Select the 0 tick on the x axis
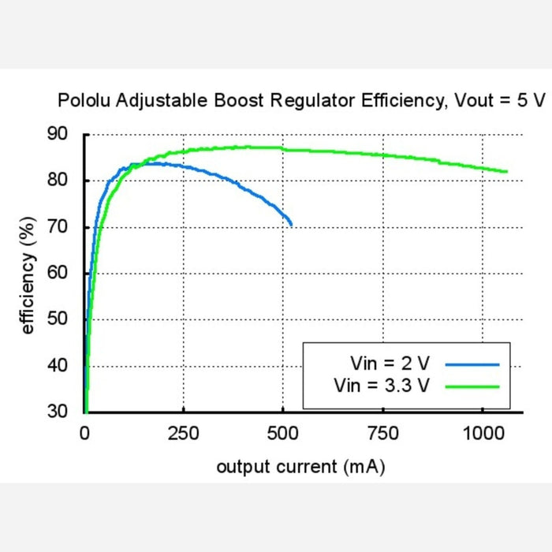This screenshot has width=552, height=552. [x=85, y=432]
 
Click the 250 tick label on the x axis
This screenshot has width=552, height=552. [x=184, y=432]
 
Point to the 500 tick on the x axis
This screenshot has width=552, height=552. [x=283, y=432]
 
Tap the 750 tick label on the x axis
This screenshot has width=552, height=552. [x=382, y=432]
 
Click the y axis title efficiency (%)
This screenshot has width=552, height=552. [x=29, y=273]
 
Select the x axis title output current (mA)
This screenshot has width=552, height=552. [x=300, y=467]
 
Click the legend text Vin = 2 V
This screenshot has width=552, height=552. [x=390, y=364]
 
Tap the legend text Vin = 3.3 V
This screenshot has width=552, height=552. [x=382, y=386]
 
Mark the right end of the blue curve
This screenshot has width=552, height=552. [x=291, y=225]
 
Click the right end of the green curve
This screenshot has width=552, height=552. [x=506, y=171]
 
